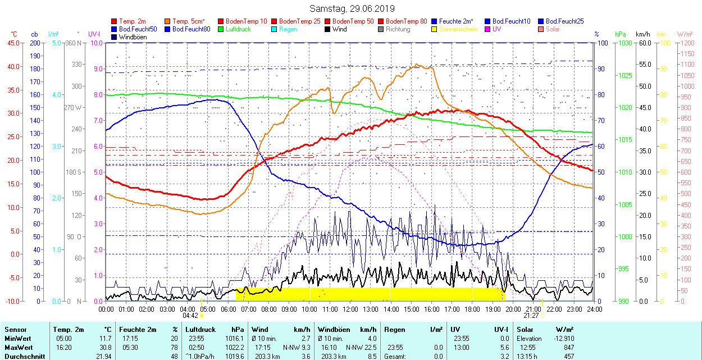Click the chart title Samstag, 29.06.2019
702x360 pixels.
click(x=352, y=8)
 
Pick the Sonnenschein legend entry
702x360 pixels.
click(x=458, y=29)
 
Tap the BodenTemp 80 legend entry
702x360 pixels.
click(x=407, y=21)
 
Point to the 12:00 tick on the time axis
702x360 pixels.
click(x=350, y=309)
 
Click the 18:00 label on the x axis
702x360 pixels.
click(x=472, y=309)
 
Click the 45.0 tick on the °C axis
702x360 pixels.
click(x=12, y=43)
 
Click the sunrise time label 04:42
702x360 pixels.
click(x=190, y=316)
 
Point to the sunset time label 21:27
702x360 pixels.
click(x=532, y=316)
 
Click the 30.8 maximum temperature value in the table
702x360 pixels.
click(x=106, y=348)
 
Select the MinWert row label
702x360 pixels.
click(x=18, y=339)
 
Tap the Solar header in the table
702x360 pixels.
click(x=525, y=330)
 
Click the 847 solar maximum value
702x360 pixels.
click(x=568, y=348)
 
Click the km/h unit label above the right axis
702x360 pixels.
click(x=643, y=34)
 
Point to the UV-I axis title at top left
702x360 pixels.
click(x=94, y=34)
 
